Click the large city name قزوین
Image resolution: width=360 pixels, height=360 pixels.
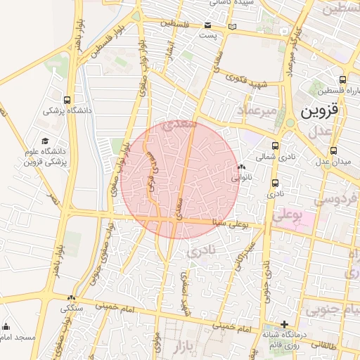click(x=320, y=110)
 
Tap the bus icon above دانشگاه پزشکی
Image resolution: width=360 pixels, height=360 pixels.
click(x=67, y=100)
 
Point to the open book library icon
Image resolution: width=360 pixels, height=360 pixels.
click(x=232, y=26)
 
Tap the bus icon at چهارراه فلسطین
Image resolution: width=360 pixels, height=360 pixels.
click(x=342, y=79)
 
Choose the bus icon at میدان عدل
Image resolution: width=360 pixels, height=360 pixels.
click(x=333, y=150)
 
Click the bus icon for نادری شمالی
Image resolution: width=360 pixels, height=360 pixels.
click(x=274, y=146)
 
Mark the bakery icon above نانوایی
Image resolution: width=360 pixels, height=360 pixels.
click(x=241, y=167)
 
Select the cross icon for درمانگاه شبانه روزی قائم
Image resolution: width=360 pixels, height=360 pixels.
click(x=283, y=324)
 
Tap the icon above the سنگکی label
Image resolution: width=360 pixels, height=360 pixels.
click(x=71, y=297)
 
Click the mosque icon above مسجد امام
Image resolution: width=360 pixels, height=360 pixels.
click(x=6, y=326)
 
